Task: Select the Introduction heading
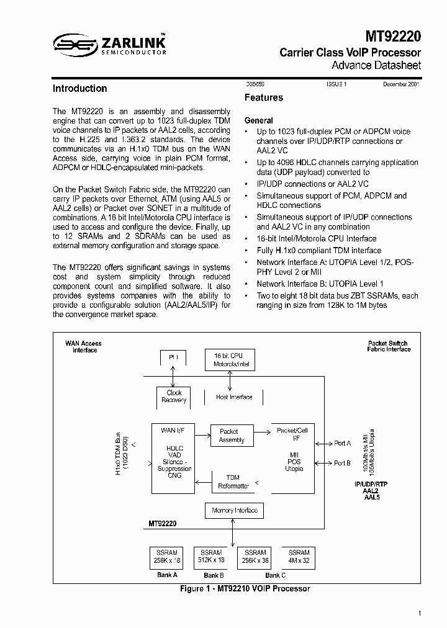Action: tap(79, 89)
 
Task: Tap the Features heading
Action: tap(263, 97)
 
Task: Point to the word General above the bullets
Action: tap(258, 120)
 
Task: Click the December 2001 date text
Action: tap(400, 84)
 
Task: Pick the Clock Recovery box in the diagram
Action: tap(174, 397)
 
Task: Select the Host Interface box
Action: tap(234, 397)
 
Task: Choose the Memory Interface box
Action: tap(235, 511)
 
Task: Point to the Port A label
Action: tap(342, 444)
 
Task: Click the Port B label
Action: tap(342, 463)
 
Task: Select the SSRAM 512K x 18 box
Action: tap(211, 557)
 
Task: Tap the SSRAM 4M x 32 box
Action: tap(299, 557)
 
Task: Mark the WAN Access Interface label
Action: tap(83, 346)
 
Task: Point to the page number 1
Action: tap(420, 614)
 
